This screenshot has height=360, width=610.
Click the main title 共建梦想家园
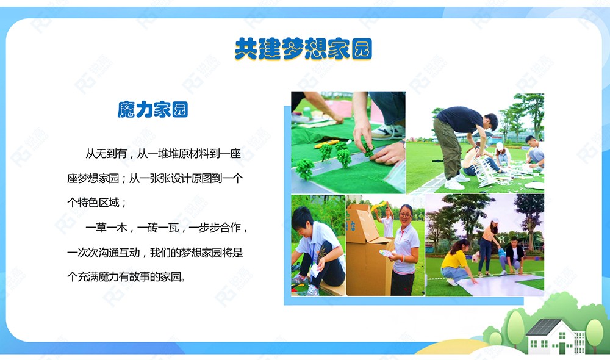tap(303, 49)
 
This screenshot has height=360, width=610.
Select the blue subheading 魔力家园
tap(153, 109)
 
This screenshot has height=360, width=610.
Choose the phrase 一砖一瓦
tap(158, 228)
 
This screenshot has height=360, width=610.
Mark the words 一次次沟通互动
tap(104, 253)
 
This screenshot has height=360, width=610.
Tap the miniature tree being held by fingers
tap(367, 150)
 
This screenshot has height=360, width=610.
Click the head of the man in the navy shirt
tap(490, 121)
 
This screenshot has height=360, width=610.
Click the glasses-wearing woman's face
tap(405, 215)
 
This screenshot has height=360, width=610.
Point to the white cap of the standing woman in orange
tap(495, 221)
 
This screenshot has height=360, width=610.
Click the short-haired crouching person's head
tap(303, 218)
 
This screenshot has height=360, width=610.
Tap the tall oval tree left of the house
tap(516, 327)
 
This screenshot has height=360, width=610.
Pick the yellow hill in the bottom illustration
tap(451, 347)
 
